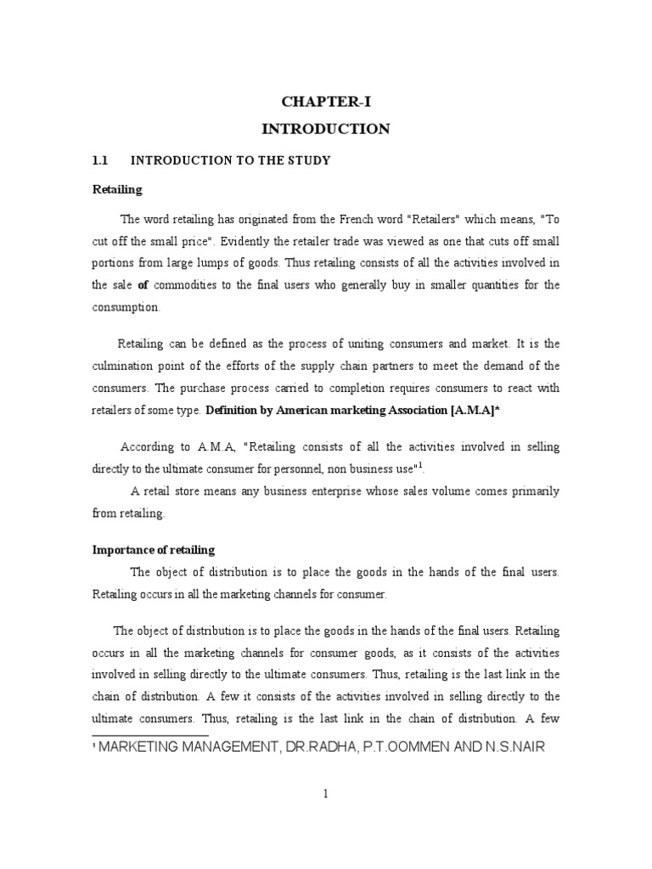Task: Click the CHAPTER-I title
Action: (326, 103)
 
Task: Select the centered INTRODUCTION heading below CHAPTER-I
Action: (326, 129)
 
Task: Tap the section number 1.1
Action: (102, 160)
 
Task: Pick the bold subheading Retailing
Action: (117, 189)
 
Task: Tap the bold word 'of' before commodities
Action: (143, 285)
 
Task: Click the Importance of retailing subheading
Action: (154, 550)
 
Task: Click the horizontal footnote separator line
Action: (149, 735)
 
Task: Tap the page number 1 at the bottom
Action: (325, 793)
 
